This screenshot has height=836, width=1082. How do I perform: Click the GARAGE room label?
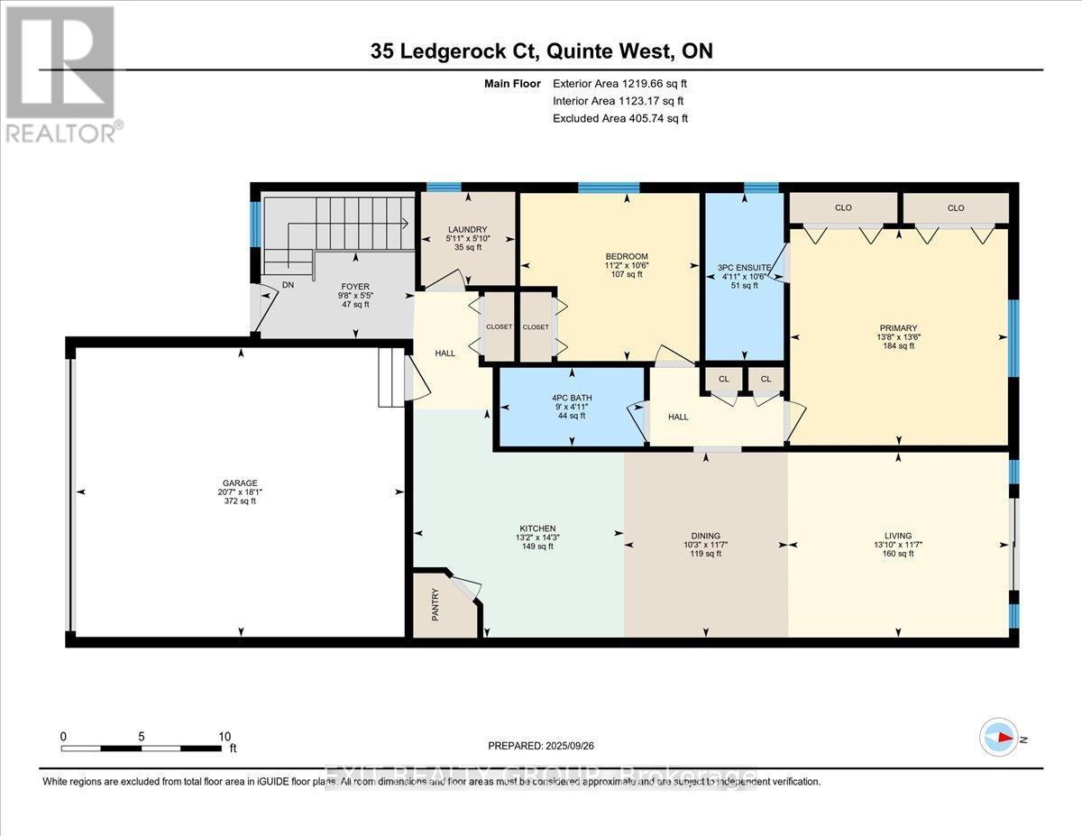tap(241, 483)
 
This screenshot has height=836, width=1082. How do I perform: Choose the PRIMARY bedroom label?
tap(898, 328)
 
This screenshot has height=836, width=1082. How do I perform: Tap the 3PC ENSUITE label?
tap(743, 268)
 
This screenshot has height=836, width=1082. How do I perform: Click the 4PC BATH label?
tap(572, 398)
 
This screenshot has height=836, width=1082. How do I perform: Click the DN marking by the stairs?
tap(288, 284)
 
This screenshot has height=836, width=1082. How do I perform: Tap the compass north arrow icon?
tap(999, 737)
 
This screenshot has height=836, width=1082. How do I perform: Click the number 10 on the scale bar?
tap(225, 736)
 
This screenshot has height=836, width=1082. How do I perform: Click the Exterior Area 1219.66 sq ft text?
tap(625, 84)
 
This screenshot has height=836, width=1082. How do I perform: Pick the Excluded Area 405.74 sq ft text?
tap(621, 118)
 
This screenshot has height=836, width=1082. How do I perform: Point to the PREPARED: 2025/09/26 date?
tap(542, 746)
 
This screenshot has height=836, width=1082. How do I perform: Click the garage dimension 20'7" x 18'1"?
tap(241, 492)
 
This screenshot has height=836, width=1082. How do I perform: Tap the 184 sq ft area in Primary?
tap(898, 346)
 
